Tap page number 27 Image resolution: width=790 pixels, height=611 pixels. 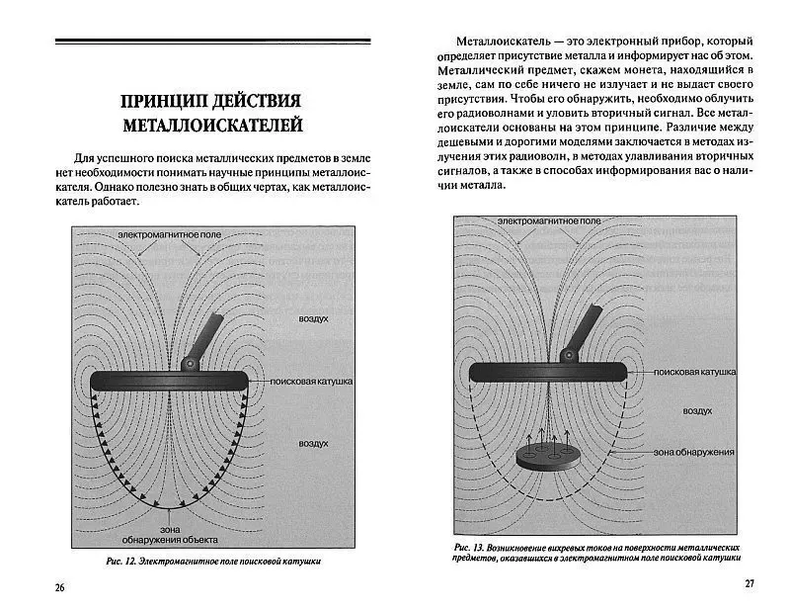pos(749,583)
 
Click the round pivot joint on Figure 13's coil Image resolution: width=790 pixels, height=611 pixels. pos(567,355)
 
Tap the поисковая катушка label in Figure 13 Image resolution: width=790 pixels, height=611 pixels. pos(695,373)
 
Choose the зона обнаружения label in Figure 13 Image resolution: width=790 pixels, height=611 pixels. pos(693,452)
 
